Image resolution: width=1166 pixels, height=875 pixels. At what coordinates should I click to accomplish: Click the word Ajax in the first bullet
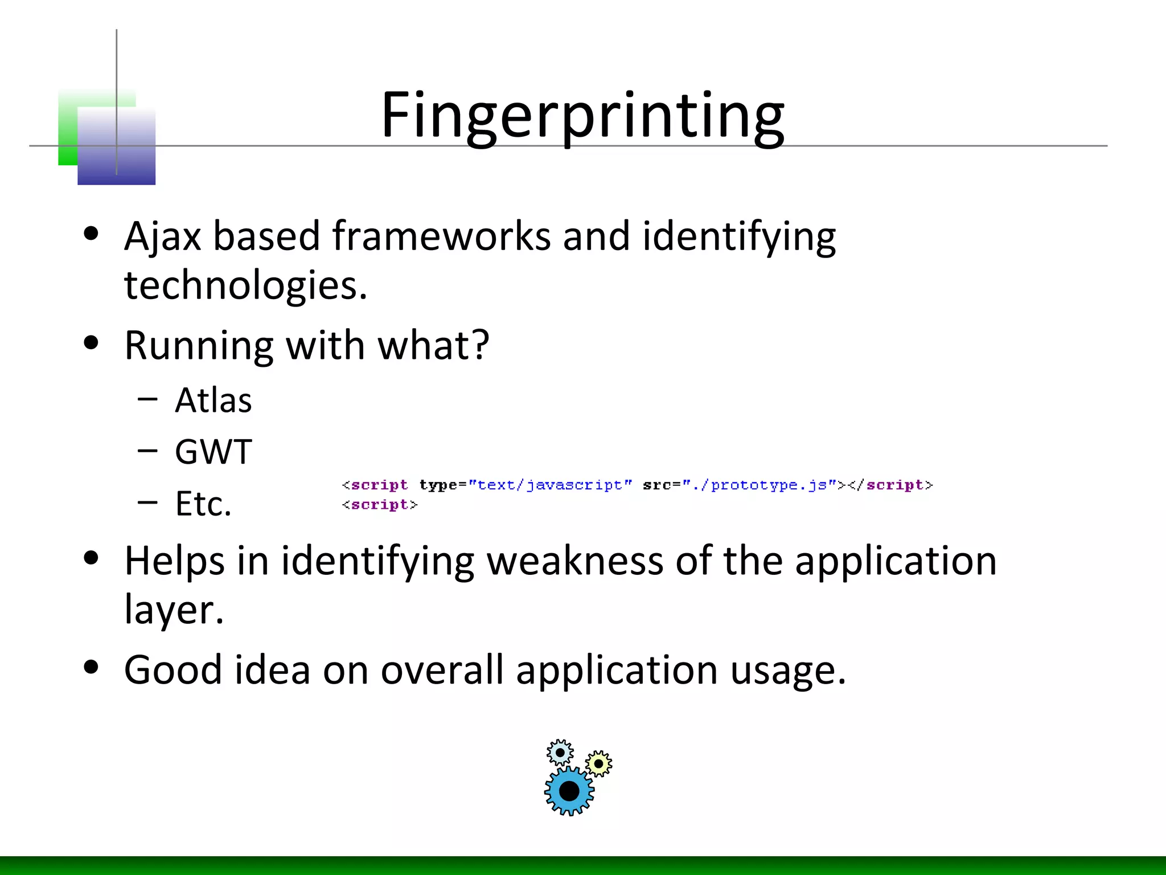tap(163, 237)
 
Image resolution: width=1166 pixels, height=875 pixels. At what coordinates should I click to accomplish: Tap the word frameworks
tap(441, 237)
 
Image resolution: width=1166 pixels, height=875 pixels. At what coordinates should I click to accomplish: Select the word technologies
tap(245, 285)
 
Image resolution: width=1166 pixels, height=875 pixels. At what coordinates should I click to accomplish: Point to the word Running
tap(199, 346)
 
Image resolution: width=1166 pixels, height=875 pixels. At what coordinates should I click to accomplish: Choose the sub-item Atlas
tap(213, 400)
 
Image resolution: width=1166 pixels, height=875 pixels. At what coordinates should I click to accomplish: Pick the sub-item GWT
tap(213, 452)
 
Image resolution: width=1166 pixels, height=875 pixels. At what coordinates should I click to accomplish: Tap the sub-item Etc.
tap(203, 504)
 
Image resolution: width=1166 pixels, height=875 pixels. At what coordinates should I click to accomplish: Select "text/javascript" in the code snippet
tap(550, 485)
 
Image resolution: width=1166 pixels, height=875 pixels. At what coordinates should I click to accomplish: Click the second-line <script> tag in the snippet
tap(380, 505)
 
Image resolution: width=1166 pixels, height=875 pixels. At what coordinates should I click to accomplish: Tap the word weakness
tap(574, 561)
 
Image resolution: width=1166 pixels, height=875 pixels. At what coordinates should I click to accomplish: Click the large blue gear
tap(569, 791)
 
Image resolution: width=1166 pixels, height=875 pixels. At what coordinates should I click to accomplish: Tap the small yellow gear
tap(598, 763)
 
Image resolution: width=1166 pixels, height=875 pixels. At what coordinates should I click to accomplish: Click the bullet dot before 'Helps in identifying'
tap(91, 558)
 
